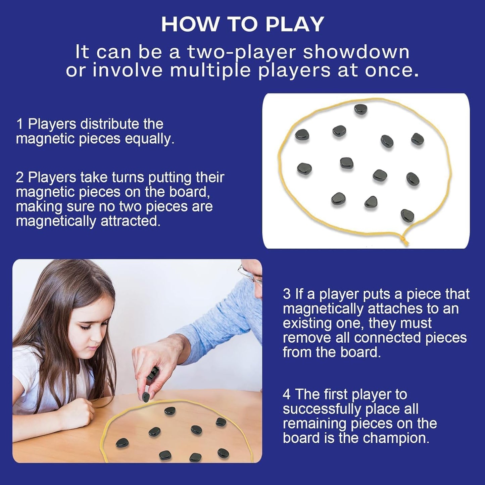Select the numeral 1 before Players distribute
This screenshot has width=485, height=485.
click(20, 124)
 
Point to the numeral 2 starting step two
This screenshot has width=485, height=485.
click(20, 177)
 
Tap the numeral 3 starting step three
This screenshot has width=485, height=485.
click(287, 294)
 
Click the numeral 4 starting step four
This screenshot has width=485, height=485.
click(287, 394)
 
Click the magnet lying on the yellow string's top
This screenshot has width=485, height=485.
click(361, 109)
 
